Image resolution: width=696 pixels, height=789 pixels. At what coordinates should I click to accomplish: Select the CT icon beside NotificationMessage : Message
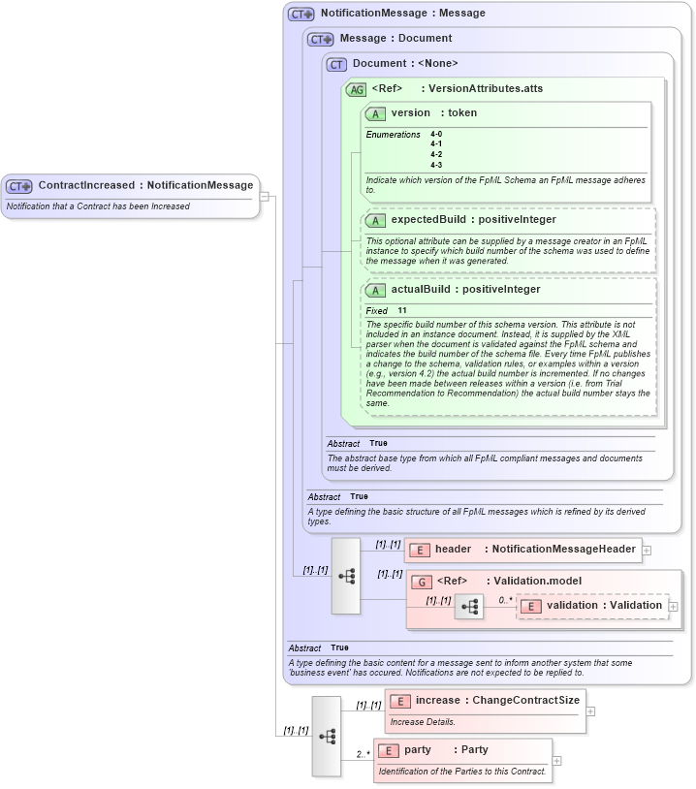pyautogui.click(x=301, y=15)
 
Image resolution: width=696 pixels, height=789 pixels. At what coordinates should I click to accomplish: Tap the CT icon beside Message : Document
pyautogui.click(x=321, y=40)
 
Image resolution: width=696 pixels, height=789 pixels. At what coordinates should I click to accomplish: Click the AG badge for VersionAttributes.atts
pyautogui.click(x=356, y=89)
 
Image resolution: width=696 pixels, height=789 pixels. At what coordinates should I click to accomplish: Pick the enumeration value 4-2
pyautogui.click(x=436, y=154)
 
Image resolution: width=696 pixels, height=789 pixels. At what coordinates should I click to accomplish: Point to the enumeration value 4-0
pyautogui.click(x=436, y=134)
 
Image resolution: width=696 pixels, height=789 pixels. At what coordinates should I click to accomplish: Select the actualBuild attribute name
pyautogui.click(x=424, y=290)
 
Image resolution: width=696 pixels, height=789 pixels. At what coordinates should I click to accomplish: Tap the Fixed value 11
pyautogui.click(x=401, y=311)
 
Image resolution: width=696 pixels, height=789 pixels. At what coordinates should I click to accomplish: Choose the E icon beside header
pyautogui.click(x=420, y=550)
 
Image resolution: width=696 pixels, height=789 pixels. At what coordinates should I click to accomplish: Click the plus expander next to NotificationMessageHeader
pyautogui.click(x=647, y=550)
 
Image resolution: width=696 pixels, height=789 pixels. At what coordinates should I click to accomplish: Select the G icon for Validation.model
pyautogui.click(x=422, y=582)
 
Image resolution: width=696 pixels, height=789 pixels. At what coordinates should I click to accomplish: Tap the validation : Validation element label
pyautogui.click(x=603, y=606)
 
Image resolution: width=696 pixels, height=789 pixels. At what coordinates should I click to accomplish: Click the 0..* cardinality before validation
pyautogui.click(x=505, y=600)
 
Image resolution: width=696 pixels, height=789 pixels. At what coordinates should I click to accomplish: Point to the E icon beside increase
pyautogui.click(x=400, y=701)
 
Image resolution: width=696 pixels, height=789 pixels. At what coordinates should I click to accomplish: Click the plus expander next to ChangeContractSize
pyautogui.click(x=591, y=710)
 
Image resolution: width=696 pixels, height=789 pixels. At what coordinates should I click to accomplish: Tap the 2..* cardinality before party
pyautogui.click(x=363, y=753)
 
